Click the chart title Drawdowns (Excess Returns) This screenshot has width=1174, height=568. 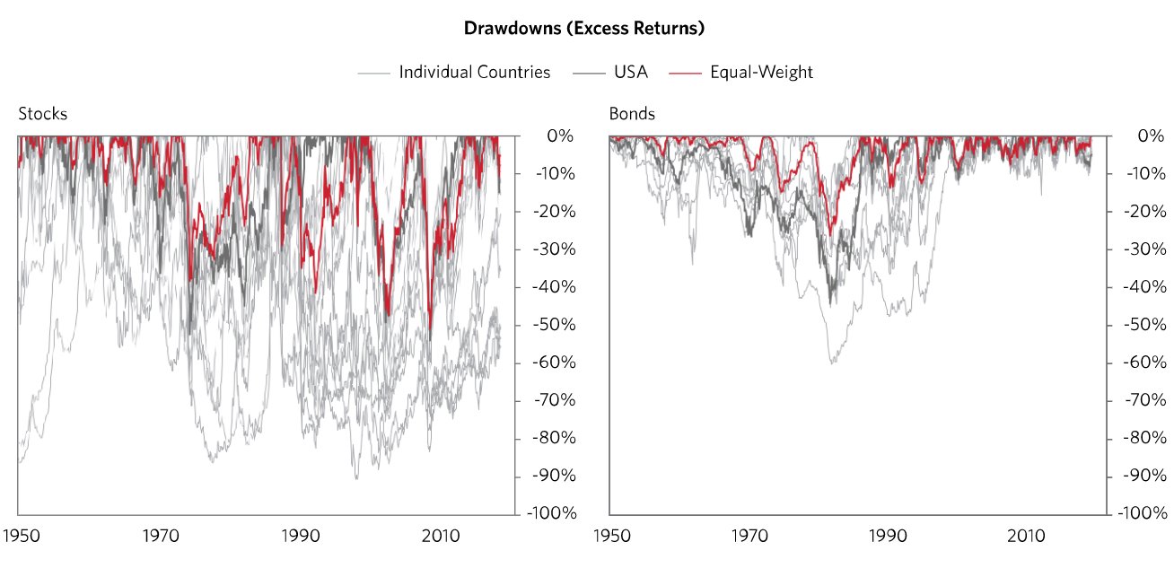tap(583, 29)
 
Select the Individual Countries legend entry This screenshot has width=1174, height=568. tap(474, 73)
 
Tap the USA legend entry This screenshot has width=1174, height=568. tap(630, 73)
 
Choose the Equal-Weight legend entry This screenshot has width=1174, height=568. tap(761, 73)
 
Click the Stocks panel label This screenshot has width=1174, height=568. tap(42, 114)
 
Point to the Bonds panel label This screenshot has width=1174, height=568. tap(632, 114)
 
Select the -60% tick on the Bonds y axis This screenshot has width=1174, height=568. tap(1143, 363)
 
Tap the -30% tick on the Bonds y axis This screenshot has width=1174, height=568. tap(1143, 249)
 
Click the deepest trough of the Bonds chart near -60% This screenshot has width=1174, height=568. tap(832, 363)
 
